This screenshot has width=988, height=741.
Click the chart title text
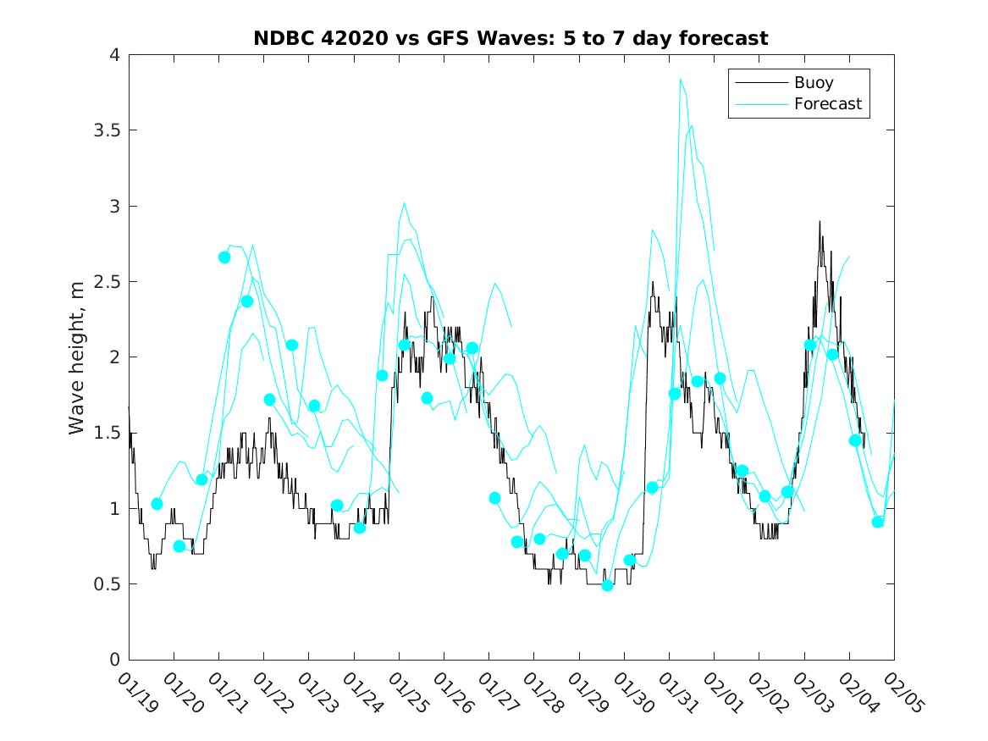coord(511,38)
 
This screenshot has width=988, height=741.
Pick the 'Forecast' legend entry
coord(827,104)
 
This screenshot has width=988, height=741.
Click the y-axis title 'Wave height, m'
coord(77,357)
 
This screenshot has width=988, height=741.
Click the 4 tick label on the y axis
coord(113,56)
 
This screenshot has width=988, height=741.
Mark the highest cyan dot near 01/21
coord(224,257)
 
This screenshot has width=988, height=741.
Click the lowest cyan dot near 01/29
coord(607,585)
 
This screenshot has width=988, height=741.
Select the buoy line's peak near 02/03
coord(820,222)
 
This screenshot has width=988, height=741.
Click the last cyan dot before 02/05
coord(878,522)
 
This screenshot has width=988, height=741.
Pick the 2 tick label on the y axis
coord(113,357)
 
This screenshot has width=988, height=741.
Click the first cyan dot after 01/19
coord(157,504)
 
